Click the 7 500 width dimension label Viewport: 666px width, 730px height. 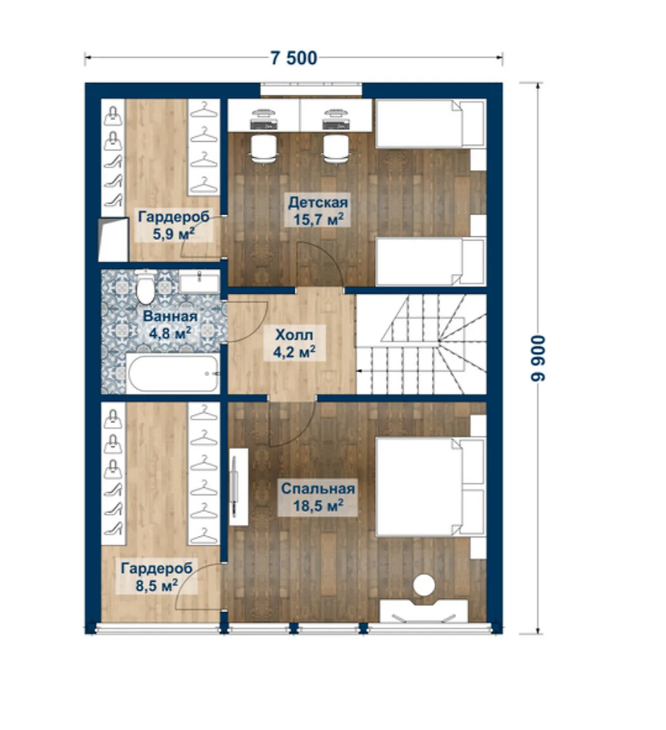[294, 58]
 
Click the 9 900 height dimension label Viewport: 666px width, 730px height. [538, 358]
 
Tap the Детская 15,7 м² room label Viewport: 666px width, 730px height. [318, 211]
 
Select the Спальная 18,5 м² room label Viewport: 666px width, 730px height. [318, 497]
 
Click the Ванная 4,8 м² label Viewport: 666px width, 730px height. [170, 325]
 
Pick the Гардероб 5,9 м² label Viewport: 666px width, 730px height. [174, 225]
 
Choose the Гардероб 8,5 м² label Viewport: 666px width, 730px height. [157, 577]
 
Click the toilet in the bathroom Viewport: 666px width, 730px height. [146, 287]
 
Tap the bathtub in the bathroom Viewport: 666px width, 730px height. [173, 374]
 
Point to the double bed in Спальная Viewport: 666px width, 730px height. [430, 487]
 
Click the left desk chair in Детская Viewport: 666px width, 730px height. [263, 149]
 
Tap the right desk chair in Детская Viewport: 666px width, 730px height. [336, 149]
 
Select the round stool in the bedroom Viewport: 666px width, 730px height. [424, 585]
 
